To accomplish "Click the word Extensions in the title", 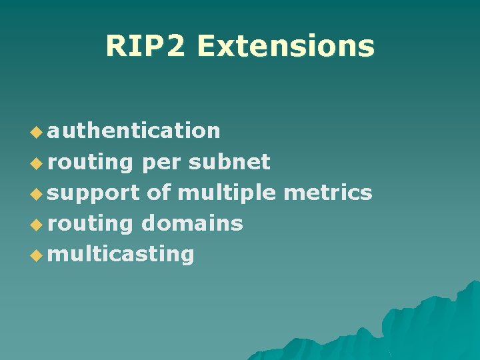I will click(x=285, y=46).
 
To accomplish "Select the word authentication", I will click(x=133, y=131).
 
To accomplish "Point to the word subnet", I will click(x=229, y=161).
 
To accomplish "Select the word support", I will click(x=93, y=194).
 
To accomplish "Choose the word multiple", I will click(x=227, y=193).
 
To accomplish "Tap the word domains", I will click(x=192, y=223).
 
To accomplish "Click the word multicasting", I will click(x=121, y=254).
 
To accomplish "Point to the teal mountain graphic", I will click(x=413, y=327).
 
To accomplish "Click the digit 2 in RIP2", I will click(x=178, y=46).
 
